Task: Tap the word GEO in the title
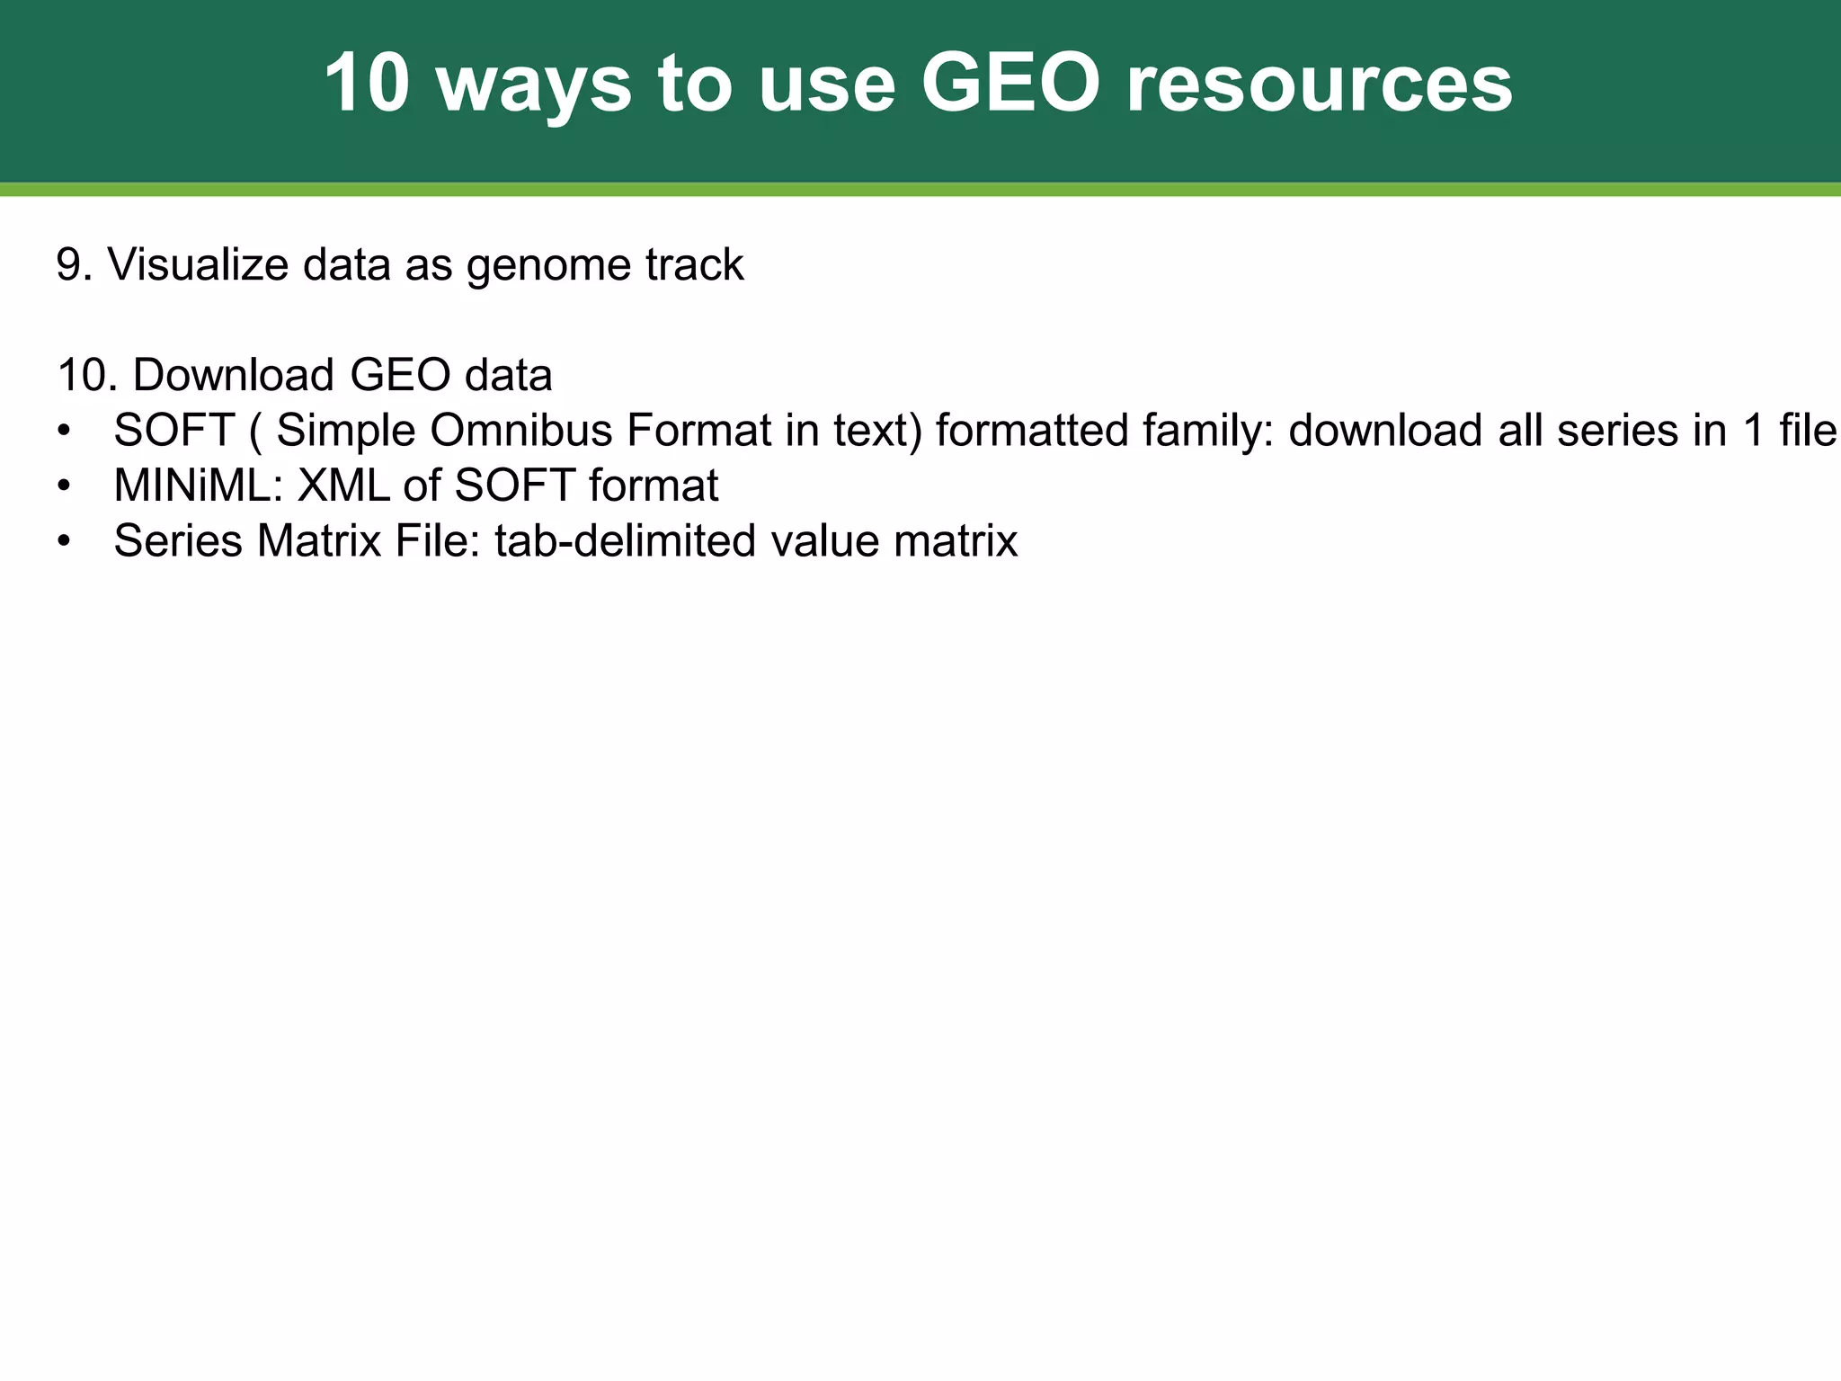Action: pos(1011,84)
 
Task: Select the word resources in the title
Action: pos(1319,84)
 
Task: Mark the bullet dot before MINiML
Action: pos(63,486)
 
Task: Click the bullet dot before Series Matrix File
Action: pos(63,542)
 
